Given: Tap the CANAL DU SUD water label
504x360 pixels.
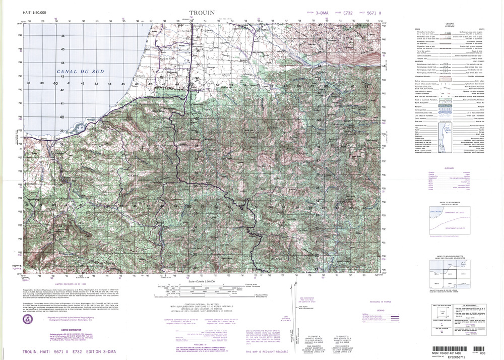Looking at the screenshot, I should pyautogui.click(x=81, y=72).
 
